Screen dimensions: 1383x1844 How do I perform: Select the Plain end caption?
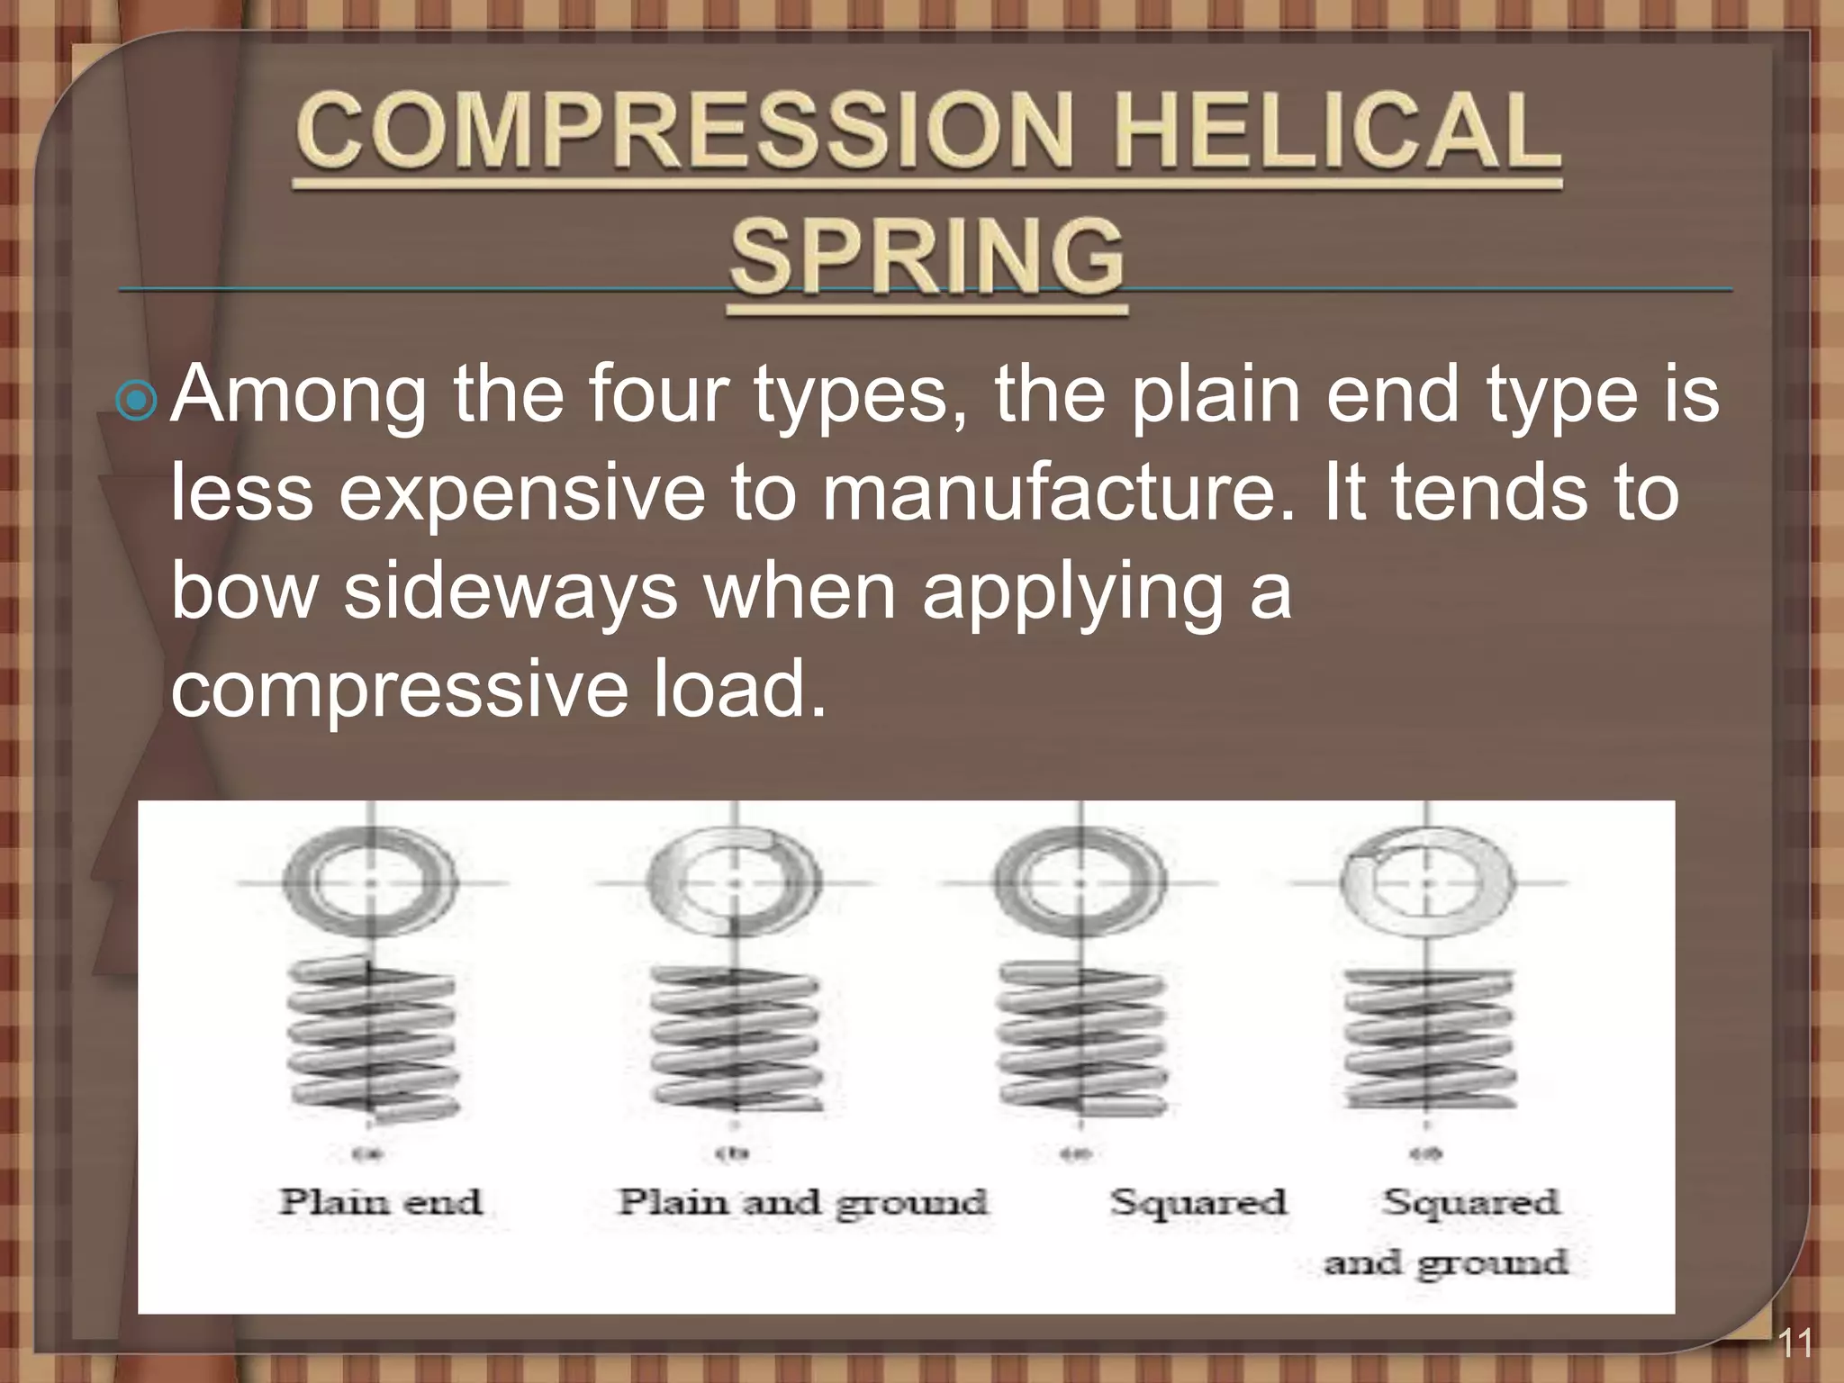tap(381, 1202)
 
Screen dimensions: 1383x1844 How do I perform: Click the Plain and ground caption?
tap(802, 1203)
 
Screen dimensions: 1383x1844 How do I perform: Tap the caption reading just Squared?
tap(1198, 1202)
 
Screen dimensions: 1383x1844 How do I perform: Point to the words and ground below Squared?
tap(1445, 1262)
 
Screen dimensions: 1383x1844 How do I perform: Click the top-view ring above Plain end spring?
tap(370, 882)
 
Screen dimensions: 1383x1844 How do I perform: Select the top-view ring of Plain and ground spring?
tap(734, 882)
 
